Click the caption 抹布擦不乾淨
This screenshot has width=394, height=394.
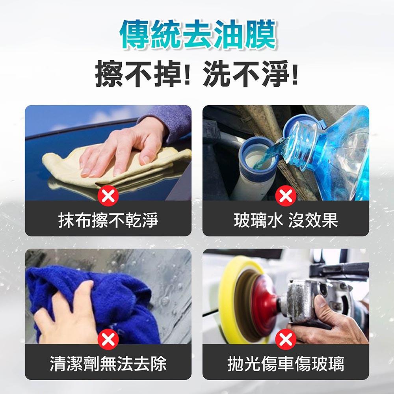click(x=108, y=220)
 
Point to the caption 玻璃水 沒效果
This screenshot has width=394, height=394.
click(x=286, y=220)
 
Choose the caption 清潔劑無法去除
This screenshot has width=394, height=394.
click(x=108, y=363)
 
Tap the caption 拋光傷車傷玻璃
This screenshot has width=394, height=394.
click(x=286, y=363)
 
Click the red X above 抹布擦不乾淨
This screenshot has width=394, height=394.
click(x=108, y=196)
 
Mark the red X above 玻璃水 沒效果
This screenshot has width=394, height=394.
click(x=286, y=196)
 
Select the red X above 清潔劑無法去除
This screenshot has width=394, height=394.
click(x=108, y=339)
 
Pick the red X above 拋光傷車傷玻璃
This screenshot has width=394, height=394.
click(x=286, y=339)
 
